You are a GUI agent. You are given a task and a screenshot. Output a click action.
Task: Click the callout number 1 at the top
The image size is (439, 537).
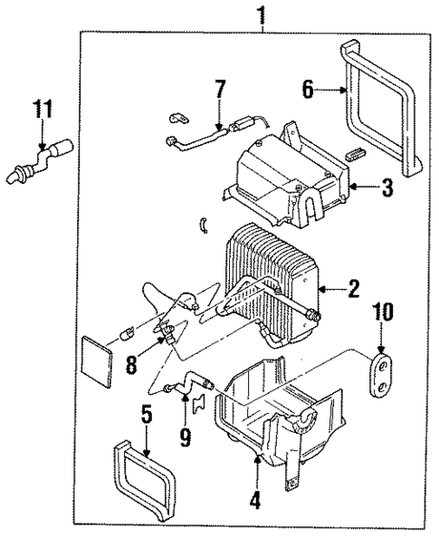point(262,14)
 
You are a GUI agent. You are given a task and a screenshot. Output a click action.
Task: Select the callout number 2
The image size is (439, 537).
point(353,289)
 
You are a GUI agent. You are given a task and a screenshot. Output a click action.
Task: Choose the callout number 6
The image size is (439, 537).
point(308,89)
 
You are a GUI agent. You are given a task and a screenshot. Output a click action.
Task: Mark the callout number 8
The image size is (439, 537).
point(131,365)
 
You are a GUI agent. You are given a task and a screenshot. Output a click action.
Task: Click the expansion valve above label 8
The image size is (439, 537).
point(165,331)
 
